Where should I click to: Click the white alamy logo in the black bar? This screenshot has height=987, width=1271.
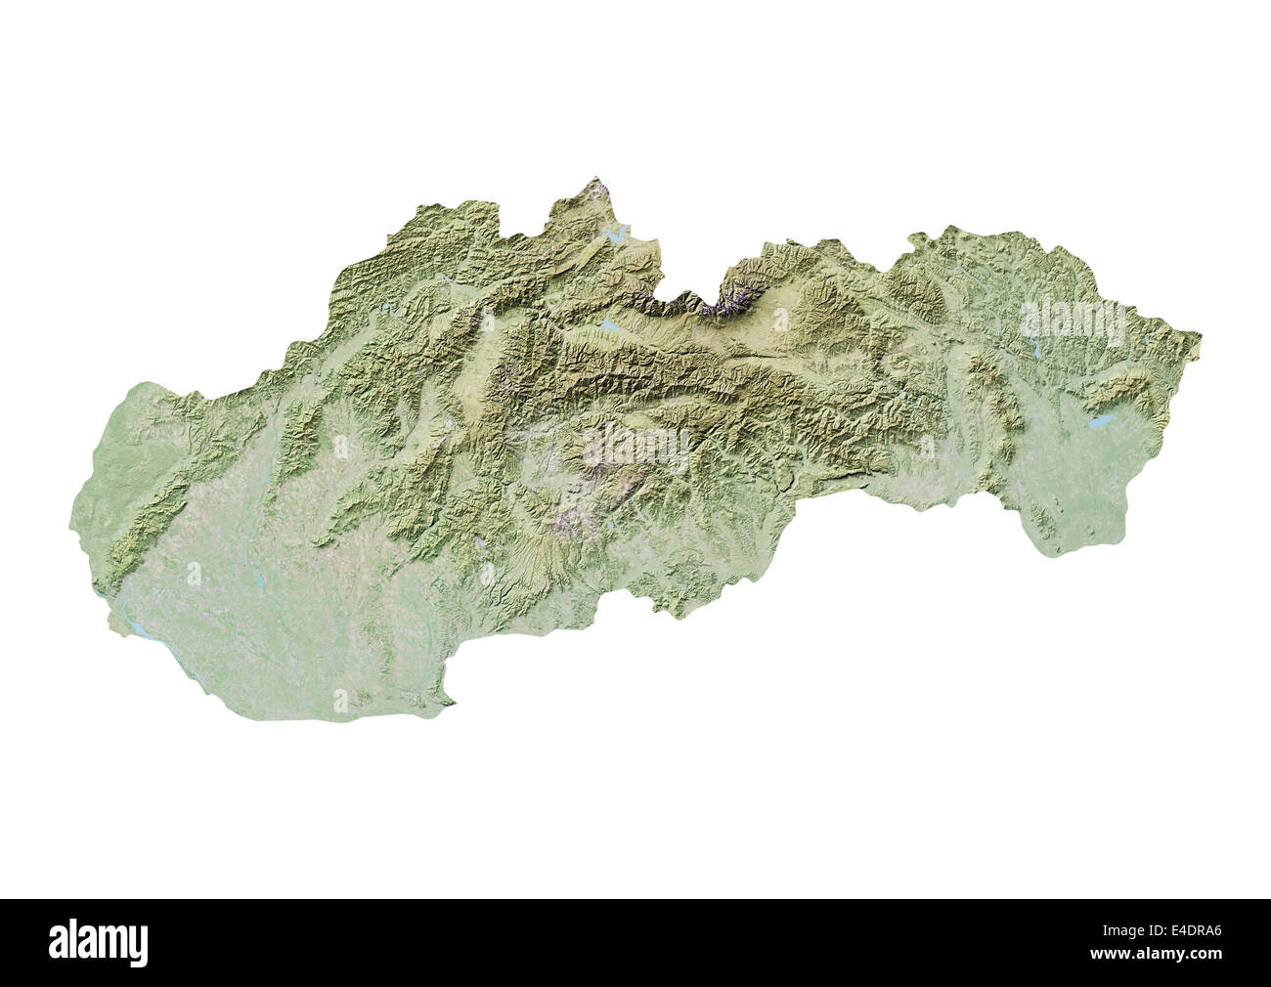[x=99, y=943]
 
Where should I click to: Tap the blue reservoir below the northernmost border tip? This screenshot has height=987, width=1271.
[x=616, y=235]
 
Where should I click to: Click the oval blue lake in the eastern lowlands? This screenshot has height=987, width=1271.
[x=1101, y=423]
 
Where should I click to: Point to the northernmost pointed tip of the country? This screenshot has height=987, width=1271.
[x=597, y=180]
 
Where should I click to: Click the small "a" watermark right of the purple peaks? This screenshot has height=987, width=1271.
[x=780, y=319]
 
